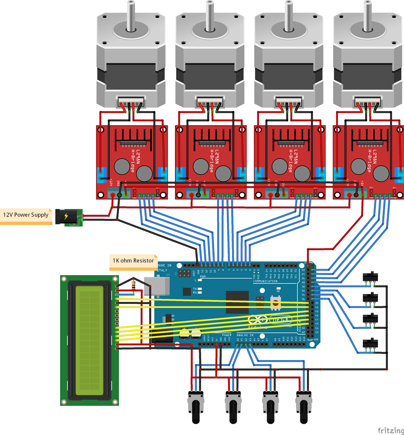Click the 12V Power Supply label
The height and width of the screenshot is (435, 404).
pyautogui.click(x=26, y=215)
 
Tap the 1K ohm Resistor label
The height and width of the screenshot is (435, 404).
pyautogui.click(x=133, y=261)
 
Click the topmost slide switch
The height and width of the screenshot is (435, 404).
pyautogui.click(x=370, y=277)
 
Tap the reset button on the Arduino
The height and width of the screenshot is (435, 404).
pyautogui.click(x=275, y=301)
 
